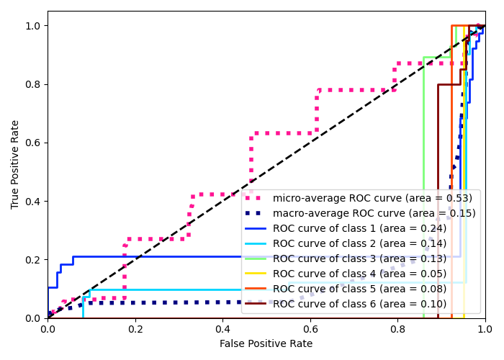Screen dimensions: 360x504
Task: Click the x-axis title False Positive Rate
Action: pyautogui.click(x=266, y=344)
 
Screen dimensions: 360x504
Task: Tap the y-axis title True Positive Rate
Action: pyautogui.click(x=15, y=164)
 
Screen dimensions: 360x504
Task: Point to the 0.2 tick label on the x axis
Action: pyautogui.click(x=135, y=329)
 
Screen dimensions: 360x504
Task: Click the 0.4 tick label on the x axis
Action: pyautogui.click(x=222, y=329)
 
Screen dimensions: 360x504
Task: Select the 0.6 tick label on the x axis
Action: pyautogui.click(x=310, y=329)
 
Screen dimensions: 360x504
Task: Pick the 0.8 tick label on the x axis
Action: pyautogui.click(x=397, y=329)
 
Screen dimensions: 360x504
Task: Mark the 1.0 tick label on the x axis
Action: pyautogui.click(x=485, y=329)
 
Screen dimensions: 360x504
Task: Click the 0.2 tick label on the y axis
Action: pyautogui.click(x=34, y=260)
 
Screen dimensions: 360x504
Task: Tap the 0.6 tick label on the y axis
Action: pyautogui.click(x=34, y=143)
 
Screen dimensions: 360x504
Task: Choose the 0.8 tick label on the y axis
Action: pyautogui.click(x=34, y=84)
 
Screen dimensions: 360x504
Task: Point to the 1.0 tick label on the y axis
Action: pyautogui.click(x=34, y=26)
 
